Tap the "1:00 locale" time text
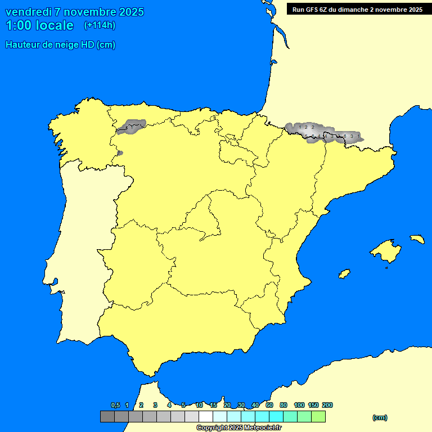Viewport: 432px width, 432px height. pyautogui.click(x=39, y=25)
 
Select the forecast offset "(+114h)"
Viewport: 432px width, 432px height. pyautogui.click(x=100, y=25)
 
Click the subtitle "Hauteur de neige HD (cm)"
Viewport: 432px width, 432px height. pyautogui.click(x=60, y=45)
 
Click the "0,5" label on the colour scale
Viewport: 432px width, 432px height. pyautogui.click(x=115, y=405)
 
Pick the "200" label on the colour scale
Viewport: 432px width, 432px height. pyautogui.click(x=327, y=405)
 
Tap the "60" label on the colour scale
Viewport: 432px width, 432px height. pyautogui.click(x=269, y=405)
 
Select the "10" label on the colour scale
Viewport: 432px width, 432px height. pyautogui.click(x=199, y=405)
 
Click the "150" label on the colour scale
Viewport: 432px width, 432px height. pyautogui.click(x=313, y=405)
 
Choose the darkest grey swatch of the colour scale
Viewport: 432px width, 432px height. pyautogui.click(x=107, y=416)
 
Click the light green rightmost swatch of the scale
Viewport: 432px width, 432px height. pyautogui.click(x=318, y=416)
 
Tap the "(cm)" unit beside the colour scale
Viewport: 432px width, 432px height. pyautogui.click(x=380, y=417)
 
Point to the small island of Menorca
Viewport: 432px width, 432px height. pyautogui.click(x=417, y=239)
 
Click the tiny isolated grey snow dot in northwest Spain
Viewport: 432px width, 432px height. pyautogui.click(x=120, y=152)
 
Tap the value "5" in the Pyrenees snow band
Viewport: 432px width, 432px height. pyautogui.click(x=306, y=136)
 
